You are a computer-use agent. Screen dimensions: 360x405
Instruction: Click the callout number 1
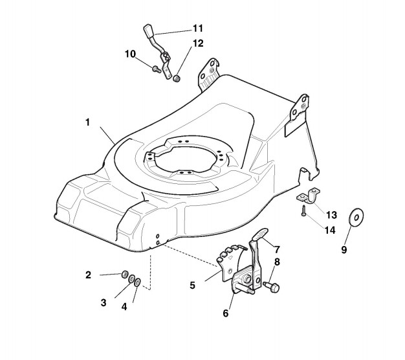[87, 122]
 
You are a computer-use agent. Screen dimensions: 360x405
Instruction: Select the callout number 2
[88, 275]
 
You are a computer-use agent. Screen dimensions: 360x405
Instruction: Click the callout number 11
[197, 28]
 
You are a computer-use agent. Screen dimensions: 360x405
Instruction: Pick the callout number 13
[331, 214]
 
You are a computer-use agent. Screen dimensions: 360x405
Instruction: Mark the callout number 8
[276, 262]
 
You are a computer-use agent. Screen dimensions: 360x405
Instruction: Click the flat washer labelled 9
[356, 218]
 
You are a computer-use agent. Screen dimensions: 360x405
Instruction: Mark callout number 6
[226, 313]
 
